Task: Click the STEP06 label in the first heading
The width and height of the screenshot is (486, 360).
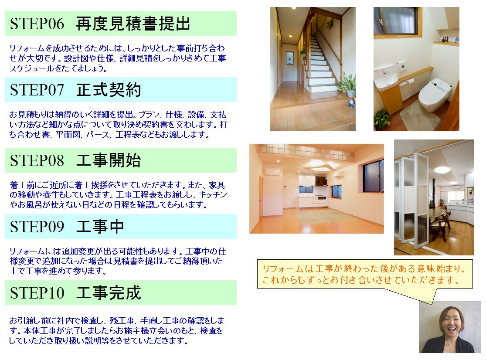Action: [x=37, y=24]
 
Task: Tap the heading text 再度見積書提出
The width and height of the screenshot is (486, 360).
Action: [x=133, y=24]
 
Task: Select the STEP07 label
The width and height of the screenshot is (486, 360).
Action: [x=37, y=90]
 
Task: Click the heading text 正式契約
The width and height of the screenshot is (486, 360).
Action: [x=109, y=90]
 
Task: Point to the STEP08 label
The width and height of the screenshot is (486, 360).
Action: [x=37, y=160]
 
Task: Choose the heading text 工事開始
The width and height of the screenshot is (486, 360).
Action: [x=109, y=160]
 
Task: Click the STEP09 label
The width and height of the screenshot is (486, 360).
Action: [x=37, y=227]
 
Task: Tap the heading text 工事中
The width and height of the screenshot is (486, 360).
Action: [x=100, y=227]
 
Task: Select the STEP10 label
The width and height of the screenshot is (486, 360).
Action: [x=37, y=293]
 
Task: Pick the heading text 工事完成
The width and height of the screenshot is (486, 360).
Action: [x=109, y=293]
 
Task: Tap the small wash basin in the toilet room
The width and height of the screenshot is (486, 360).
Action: [x=385, y=78]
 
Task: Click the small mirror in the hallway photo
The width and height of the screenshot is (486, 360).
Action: [x=290, y=58]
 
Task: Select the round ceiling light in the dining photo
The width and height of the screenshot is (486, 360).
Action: [x=443, y=170]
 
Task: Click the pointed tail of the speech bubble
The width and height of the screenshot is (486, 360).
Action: [x=432, y=304]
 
